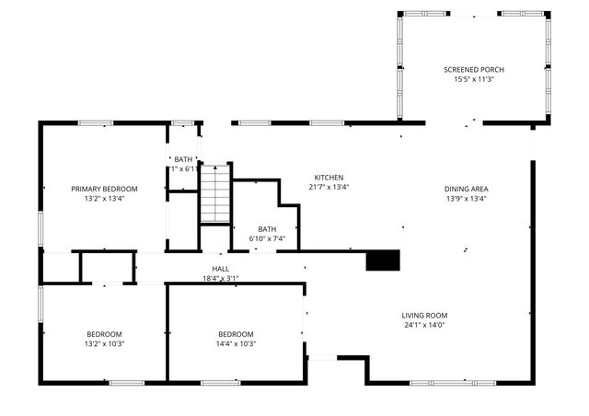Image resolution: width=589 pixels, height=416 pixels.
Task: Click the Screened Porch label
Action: (x=473, y=70)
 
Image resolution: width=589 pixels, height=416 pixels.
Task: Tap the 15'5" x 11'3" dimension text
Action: (x=473, y=80)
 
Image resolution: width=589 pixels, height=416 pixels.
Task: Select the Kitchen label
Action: (x=329, y=178)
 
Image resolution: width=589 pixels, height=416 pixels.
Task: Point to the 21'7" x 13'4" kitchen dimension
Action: (x=329, y=188)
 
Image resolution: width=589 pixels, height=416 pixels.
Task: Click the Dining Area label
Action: (x=466, y=189)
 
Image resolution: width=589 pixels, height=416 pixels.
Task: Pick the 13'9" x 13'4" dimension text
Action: (x=466, y=199)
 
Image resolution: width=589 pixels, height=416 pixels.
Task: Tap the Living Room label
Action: (x=424, y=315)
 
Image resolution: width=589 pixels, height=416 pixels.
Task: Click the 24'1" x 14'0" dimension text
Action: (x=424, y=325)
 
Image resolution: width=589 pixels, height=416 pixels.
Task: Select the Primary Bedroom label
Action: (x=104, y=189)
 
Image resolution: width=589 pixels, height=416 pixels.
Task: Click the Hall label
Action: (x=220, y=268)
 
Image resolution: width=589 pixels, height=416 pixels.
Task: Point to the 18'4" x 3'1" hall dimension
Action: (x=220, y=278)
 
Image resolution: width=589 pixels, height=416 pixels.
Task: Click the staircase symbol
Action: (x=214, y=193)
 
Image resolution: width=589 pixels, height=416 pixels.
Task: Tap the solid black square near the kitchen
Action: (x=384, y=260)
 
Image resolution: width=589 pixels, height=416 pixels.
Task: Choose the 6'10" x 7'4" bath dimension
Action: (x=267, y=239)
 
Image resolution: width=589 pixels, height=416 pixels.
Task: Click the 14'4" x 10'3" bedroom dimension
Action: (x=236, y=344)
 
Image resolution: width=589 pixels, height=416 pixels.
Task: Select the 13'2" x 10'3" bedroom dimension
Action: (x=104, y=344)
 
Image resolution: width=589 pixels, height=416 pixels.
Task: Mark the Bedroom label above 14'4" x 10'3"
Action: (x=236, y=334)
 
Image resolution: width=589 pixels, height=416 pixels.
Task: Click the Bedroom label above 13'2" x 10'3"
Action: (x=104, y=334)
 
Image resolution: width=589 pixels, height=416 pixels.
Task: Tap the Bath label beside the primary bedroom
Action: (x=184, y=159)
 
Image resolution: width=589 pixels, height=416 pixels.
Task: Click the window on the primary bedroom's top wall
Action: (x=95, y=123)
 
